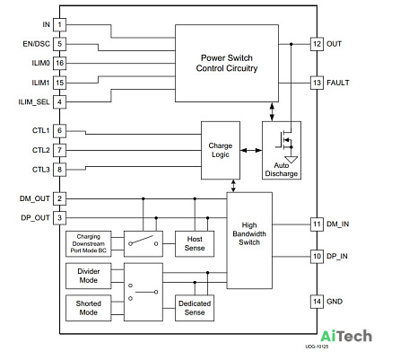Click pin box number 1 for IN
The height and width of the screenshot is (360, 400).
coord(59,24)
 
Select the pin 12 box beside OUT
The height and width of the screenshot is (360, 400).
coord(317,44)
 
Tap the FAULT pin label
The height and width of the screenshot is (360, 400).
coord(338,83)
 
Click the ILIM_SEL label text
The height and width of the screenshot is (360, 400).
coord(34,102)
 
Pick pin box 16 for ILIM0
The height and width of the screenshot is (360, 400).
coord(59,63)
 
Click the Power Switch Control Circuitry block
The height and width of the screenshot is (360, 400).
coord(227,64)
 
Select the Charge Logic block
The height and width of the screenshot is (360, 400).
coord(221,150)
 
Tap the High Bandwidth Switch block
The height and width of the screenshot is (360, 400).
coord(249,241)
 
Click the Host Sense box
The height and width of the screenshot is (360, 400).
coord(195,244)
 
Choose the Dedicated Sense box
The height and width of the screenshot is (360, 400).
coord(195,308)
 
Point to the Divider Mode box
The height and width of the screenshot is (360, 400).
coord(89,276)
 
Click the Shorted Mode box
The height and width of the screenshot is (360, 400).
coord(89,308)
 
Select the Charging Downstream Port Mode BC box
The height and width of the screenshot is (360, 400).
coord(89,244)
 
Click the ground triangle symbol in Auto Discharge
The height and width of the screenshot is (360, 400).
coord(291,160)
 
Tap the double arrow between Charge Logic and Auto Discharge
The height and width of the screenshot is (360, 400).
coord(251,150)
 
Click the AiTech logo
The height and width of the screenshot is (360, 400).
coord(346,337)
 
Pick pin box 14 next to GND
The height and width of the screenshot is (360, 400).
coord(317,302)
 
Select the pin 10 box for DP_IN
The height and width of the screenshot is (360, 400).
coord(317,257)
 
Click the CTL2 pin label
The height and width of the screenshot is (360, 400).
coord(41,150)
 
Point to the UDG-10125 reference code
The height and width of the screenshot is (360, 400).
coord(317,347)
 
